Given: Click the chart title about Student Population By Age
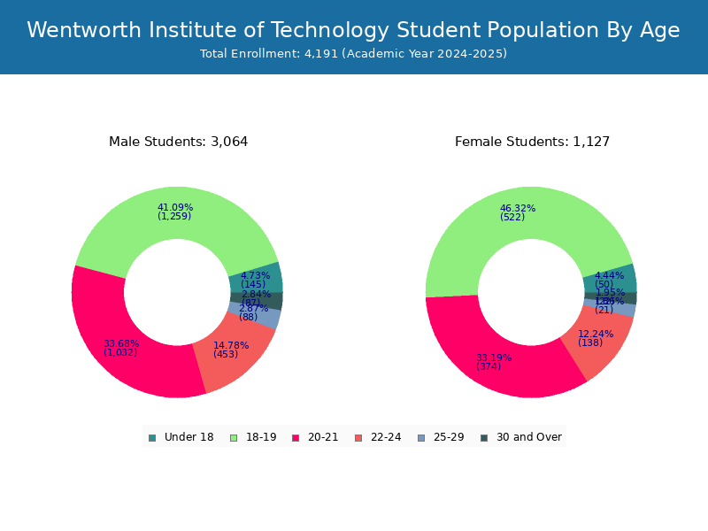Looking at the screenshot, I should pyautogui.click(x=353, y=30).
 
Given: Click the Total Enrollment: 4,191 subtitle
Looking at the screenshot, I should pyautogui.click(x=353, y=54).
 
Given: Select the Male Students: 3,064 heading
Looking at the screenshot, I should pyautogui.click(x=178, y=142).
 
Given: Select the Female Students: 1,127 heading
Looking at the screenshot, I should pyautogui.click(x=532, y=142).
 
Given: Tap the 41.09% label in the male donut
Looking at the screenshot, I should pyautogui.click(x=174, y=208).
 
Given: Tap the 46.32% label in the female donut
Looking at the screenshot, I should pyautogui.click(x=517, y=209).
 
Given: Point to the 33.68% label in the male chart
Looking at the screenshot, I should pyautogui.click(x=121, y=344).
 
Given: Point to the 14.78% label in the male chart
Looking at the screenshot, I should pyautogui.click(x=231, y=346).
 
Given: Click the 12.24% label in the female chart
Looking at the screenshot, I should pyautogui.click(x=596, y=335).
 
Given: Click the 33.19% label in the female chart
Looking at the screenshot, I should pyautogui.click(x=494, y=358).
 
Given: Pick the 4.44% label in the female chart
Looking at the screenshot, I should pyautogui.click(x=609, y=276).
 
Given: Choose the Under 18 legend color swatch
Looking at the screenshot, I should pyautogui.click(x=152, y=437).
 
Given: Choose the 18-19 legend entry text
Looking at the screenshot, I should pyautogui.click(x=261, y=437).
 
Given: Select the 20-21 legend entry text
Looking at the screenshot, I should pyautogui.click(x=323, y=437).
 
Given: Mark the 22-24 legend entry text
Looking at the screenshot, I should pyautogui.click(x=386, y=437).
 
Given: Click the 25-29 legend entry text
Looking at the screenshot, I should pyautogui.click(x=449, y=437).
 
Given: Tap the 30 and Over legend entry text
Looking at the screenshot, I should pyautogui.click(x=528, y=437).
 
